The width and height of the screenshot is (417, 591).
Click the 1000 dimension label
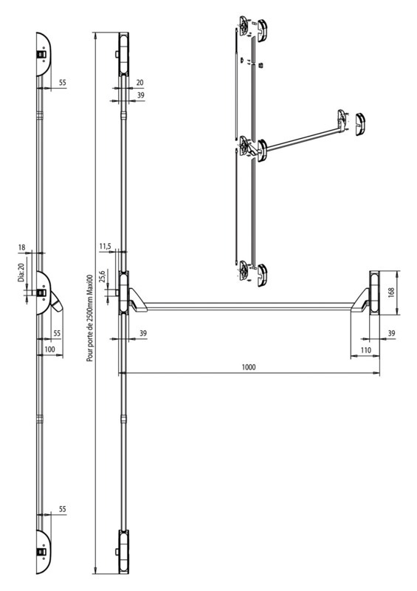249,366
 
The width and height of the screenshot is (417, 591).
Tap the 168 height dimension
390,292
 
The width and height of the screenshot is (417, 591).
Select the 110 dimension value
365,350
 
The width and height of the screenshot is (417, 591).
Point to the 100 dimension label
49,349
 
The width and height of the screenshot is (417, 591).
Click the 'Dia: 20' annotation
21,272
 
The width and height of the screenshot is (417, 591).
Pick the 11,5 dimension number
105,247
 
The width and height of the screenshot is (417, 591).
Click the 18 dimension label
22,247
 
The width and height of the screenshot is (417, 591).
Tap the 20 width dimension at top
139,83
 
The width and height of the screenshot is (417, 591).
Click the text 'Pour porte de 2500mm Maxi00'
89,318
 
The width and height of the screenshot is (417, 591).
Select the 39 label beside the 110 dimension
391,333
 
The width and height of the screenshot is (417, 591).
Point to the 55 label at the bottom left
62,509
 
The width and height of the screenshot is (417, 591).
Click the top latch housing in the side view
43,54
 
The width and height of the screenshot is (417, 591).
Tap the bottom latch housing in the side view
43,552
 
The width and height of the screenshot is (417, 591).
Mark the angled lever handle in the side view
57,301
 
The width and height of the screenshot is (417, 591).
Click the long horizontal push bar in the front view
249,306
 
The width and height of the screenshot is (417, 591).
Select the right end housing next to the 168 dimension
375,292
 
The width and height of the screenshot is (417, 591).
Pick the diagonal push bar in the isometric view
301,140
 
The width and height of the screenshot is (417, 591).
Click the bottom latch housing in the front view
123,552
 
